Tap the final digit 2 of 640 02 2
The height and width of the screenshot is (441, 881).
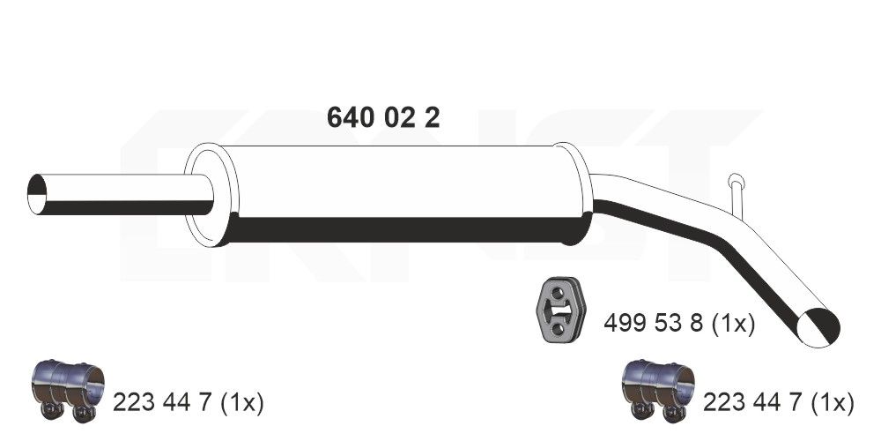(x=432, y=117)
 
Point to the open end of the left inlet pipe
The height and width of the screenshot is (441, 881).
(x=37, y=194)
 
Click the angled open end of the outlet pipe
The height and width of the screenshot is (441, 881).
(x=818, y=326)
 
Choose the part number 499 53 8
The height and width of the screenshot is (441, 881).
(x=653, y=325)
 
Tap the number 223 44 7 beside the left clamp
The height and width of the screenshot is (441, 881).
(x=162, y=403)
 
